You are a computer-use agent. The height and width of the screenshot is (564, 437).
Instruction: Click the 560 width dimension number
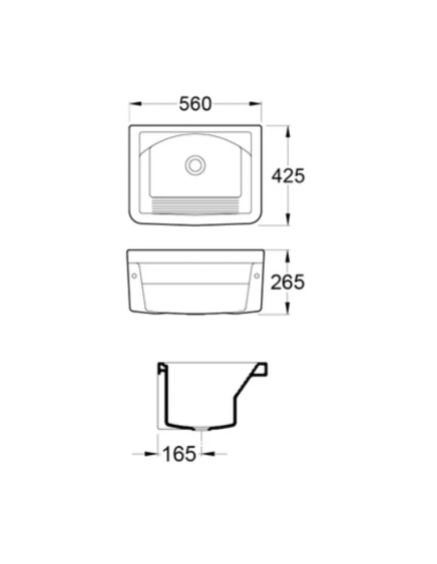(195, 104)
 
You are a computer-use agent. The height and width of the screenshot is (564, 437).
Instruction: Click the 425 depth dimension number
(288, 176)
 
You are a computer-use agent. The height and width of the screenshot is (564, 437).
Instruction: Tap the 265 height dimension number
(287, 282)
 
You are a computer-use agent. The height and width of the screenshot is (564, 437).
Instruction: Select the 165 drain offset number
(180, 454)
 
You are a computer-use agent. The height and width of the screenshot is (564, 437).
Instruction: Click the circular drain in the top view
(195, 165)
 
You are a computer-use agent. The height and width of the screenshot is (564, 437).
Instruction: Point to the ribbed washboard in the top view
(194, 206)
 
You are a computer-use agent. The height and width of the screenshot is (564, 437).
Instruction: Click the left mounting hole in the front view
(134, 276)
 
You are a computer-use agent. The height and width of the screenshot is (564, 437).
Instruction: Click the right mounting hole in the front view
(256, 276)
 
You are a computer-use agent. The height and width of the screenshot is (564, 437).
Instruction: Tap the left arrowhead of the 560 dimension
(135, 104)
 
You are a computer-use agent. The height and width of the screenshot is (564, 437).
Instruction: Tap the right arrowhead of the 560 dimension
(255, 104)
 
